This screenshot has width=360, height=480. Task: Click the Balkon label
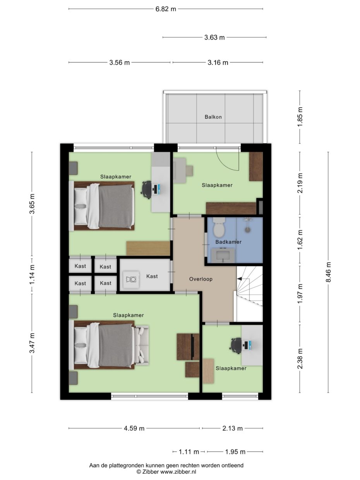(213, 117)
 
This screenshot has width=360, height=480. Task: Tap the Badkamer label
(228, 242)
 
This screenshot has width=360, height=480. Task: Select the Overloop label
(201, 279)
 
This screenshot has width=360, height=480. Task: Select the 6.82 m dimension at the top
(166, 9)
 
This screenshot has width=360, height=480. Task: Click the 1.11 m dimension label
(189, 452)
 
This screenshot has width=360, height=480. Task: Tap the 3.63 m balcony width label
(214, 38)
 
